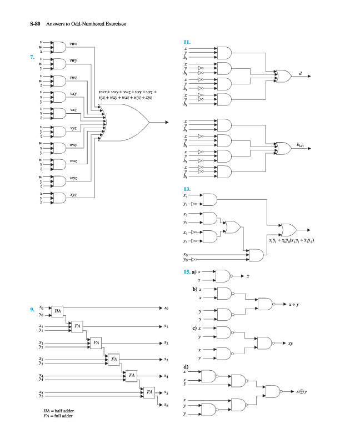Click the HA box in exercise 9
click(58, 311)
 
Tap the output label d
click(301, 74)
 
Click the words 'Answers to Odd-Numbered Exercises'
click(87, 24)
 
